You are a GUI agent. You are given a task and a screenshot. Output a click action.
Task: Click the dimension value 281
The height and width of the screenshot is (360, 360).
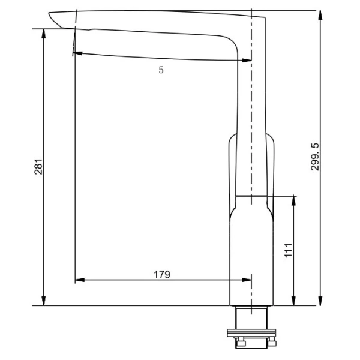pyautogui.click(x=37, y=167)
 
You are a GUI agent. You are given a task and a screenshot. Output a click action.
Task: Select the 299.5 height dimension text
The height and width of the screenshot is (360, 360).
pyautogui.click(x=316, y=158)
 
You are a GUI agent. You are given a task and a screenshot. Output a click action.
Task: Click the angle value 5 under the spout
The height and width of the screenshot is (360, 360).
pyautogui.click(x=161, y=70)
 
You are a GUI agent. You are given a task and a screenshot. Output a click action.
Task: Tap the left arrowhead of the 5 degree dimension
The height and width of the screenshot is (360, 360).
pyautogui.click(x=78, y=53)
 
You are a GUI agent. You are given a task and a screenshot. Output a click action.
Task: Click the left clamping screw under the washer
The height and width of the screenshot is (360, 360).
pyautogui.click(x=239, y=343)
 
